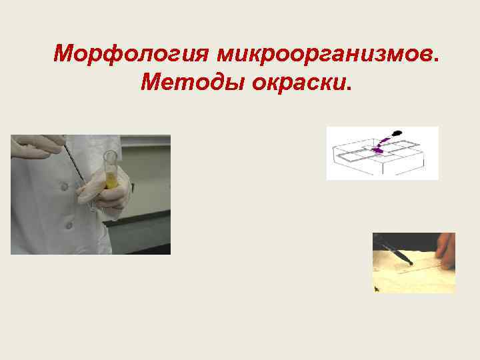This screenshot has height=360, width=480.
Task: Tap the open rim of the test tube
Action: (x=109, y=154)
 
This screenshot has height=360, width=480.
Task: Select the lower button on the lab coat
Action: (x=68, y=225)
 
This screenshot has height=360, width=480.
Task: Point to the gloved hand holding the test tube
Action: (x=100, y=193)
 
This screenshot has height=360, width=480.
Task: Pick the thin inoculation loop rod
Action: (x=75, y=163)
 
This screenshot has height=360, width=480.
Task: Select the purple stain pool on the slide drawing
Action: (x=377, y=151)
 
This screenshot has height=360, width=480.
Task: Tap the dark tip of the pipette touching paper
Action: (x=411, y=264)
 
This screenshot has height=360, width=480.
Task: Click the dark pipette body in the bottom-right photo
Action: (x=393, y=251)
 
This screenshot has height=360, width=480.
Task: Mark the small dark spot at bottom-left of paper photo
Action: (x=377, y=289)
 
